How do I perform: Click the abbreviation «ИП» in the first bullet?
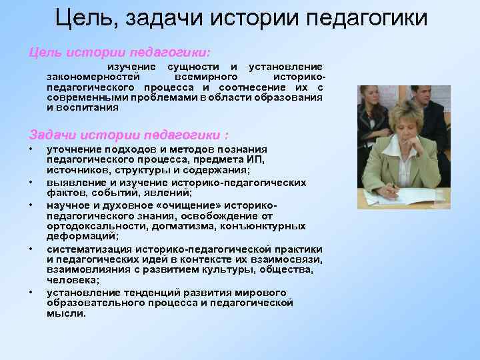(x=257, y=159)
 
